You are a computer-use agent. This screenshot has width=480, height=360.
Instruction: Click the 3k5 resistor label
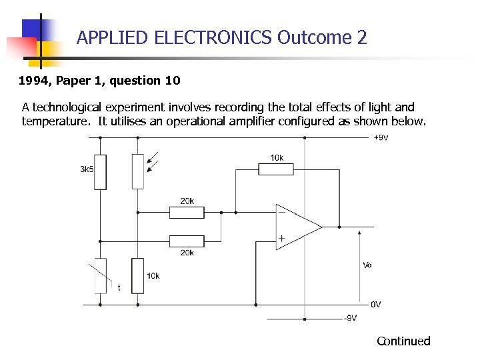click(87, 169)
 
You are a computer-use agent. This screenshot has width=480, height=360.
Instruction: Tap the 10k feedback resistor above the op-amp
click(276, 169)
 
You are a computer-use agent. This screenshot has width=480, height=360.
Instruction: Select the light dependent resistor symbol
click(138, 171)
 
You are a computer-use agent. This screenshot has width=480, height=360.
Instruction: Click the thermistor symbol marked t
click(100, 275)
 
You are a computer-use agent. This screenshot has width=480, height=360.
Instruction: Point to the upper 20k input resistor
click(187, 213)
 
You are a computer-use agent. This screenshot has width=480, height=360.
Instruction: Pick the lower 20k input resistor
click(187, 241)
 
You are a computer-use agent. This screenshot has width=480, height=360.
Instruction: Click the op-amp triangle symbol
click(297, 226)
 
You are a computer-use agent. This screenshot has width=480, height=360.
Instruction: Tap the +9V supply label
click(381, 138)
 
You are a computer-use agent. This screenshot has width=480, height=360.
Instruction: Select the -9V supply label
click(350, 318)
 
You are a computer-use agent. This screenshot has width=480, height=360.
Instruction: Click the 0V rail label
click(376, 305)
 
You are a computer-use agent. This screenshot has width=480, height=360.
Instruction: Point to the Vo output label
click(367, 265)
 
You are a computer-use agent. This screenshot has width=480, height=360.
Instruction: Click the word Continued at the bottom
click(403, 341)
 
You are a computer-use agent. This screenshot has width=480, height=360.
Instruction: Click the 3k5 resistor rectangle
click(100, 171)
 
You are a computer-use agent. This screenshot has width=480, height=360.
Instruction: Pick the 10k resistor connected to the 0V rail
click(138, 275)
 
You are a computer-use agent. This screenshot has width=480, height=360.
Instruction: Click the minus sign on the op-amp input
click(281, 212)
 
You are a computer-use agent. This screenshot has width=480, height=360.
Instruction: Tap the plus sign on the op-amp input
click(281, 238)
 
